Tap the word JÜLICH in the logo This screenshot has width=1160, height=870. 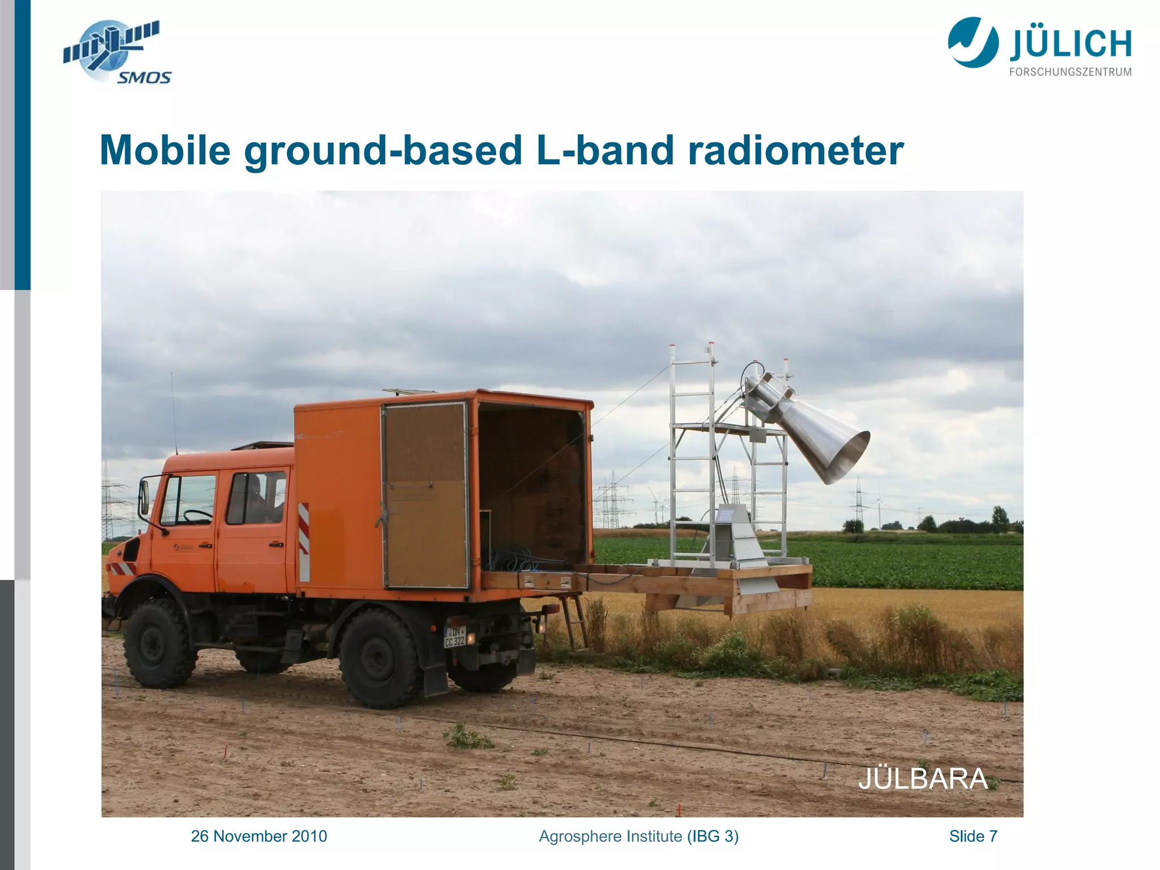coord(1070,45)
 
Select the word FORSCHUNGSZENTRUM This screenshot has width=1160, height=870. coord(1070,72)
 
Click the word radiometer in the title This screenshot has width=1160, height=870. coord(795,151)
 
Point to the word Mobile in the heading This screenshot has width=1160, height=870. coord(165,151)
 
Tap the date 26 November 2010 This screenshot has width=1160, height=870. coord(259,836)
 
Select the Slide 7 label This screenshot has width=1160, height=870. coord(973,836)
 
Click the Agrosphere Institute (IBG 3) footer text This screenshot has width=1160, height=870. coord(638,836)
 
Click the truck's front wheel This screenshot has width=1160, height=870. coord(158,643)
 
